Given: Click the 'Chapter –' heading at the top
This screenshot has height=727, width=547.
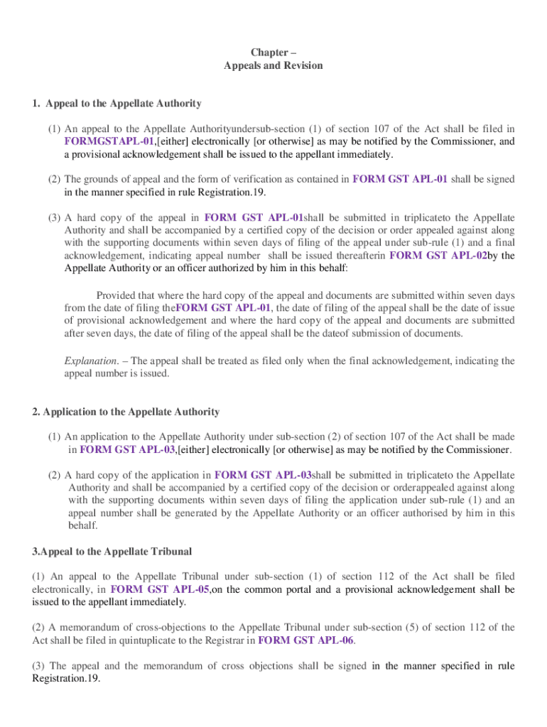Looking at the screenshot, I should coord(273,53).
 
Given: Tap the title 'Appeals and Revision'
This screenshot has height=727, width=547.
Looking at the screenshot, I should coord(273,65).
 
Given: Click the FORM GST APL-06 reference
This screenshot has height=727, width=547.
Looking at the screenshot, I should coord(305,640).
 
